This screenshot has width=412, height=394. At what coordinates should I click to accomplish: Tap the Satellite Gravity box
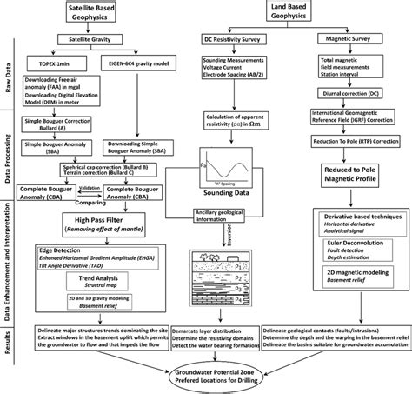tap(95, 39)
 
